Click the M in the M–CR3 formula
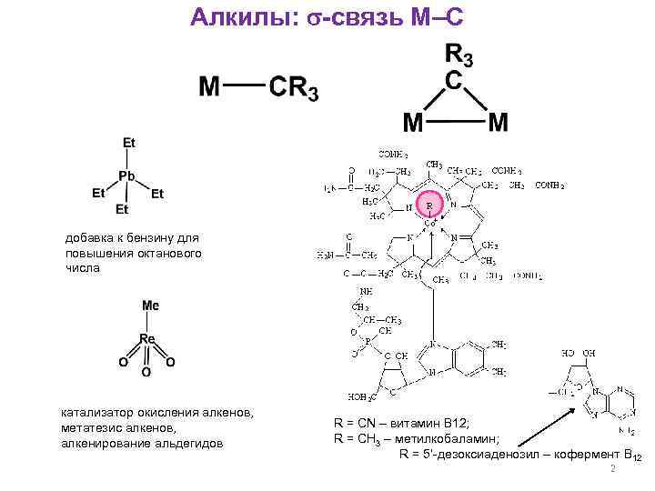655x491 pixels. click(x=209, y=88)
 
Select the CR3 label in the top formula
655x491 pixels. click(x=293, y=89)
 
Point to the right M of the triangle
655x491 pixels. click(x=498, y=121)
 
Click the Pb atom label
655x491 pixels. click(x=126, y=176)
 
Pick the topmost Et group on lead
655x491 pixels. click(x=129, y=143)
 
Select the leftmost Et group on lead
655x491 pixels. click(x=98, y=194)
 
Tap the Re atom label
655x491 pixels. click(x=147, y=339)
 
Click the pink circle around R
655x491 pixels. click(x=428, y=205)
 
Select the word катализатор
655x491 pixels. click(x=97, y=415)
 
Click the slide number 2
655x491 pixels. click(x=613, y=470)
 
